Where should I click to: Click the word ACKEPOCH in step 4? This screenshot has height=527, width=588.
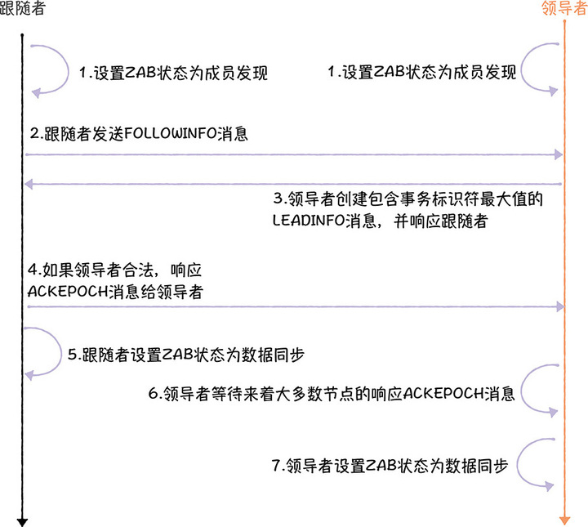point(62,290)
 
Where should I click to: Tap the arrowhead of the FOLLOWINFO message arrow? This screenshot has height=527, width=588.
point(559,154)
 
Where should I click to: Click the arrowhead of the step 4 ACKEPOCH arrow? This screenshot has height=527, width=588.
point(559,306)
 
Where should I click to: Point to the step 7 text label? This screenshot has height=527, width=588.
point(390,466)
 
